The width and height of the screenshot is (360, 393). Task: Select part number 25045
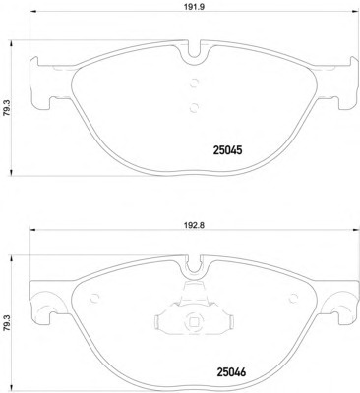(227, 150)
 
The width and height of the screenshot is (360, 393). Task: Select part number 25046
(231, 372)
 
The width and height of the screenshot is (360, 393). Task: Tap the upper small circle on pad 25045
(194, 83)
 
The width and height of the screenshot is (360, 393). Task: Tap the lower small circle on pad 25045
(194, 107)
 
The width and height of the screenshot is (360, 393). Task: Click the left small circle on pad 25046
(94, 299)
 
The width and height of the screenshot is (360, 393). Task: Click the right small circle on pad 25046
(293, 299)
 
